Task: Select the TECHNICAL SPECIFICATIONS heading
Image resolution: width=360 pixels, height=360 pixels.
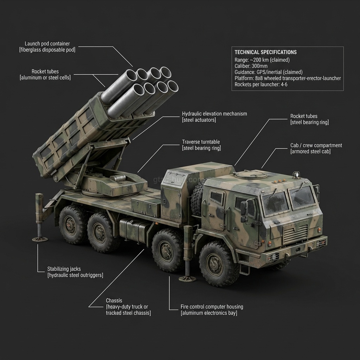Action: pos(265,52)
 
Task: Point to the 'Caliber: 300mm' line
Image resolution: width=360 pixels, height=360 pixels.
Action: pos(251,66)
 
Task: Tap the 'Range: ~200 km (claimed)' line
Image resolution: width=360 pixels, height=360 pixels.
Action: pos(262,59)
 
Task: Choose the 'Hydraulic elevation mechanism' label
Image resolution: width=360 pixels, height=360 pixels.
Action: pos(214,114)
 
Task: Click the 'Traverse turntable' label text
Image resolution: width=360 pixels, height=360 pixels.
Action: pos(201,142)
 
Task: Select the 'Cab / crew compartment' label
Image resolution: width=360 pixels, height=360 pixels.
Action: pos(316,145)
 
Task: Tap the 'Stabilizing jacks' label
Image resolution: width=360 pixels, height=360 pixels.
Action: pos(64,269)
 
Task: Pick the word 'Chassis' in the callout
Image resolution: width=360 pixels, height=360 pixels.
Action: pos(114,301)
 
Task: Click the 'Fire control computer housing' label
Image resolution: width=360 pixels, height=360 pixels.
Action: pos(212,307)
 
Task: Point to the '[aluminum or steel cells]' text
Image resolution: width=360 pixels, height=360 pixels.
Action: pos(45,77)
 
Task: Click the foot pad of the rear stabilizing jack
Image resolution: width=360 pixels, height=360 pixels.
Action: pos(40,239)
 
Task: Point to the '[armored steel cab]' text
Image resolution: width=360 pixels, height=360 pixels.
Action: pos(310,152)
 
